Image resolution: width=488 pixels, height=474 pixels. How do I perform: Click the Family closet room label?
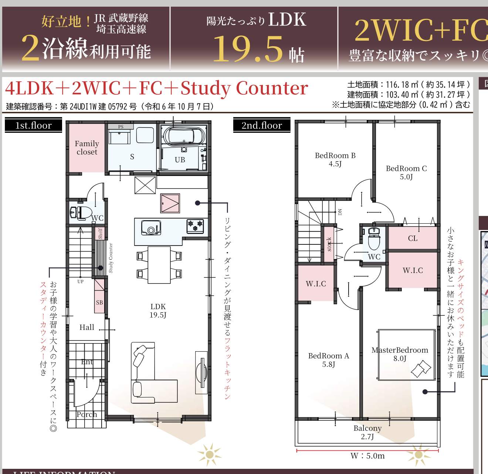(87, 148)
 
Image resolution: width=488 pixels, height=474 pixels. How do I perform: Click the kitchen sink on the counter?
(151, 228)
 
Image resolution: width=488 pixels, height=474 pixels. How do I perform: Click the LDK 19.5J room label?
(158, 311)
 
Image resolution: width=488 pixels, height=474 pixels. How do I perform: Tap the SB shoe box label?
(99, 302)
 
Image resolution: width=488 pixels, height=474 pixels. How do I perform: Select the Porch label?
(87, 414)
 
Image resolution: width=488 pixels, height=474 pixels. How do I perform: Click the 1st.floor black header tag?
(33, 125)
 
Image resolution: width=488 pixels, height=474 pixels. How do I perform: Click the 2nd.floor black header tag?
(261, 125)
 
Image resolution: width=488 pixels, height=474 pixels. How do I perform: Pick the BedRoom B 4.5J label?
(335, 159)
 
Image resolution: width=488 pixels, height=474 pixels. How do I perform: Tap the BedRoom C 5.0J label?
(406, 172)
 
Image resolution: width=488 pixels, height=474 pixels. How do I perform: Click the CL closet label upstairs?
(413, 238)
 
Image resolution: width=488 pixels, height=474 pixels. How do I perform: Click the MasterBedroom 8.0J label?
(400, 354)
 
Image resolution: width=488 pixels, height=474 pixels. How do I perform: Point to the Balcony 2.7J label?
(367, 432)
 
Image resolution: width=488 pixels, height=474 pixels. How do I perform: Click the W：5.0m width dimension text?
(367, 456)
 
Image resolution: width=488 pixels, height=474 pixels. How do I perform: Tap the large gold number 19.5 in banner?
(248, 49)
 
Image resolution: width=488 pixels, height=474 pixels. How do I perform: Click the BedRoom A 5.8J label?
(328, 360)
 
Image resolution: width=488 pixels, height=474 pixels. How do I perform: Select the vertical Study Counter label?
(111, 258)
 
